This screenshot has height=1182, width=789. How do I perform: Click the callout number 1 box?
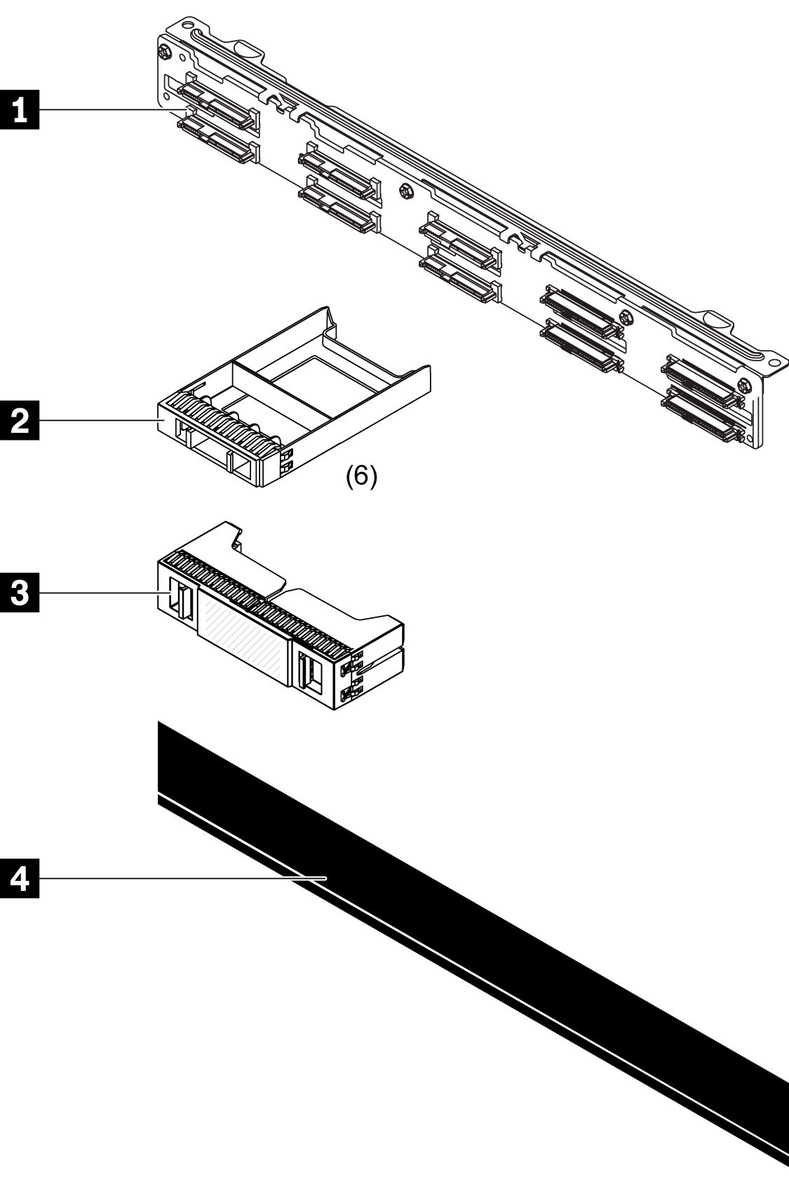click(x=20, y=110)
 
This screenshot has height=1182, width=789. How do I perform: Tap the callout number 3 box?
click(x=20, y=593)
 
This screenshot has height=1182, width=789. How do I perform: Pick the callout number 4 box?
click(x=20, y=878)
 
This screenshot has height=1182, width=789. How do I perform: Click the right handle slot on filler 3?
click(x=309, y=674)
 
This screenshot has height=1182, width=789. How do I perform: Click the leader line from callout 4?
click(x=175, y=878)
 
